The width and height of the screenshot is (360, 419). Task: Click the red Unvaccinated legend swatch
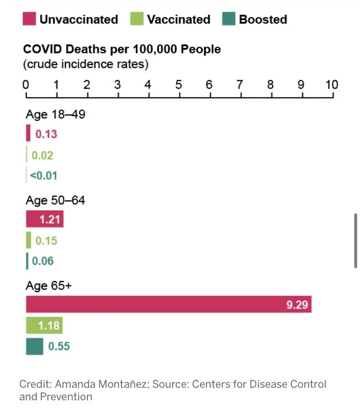[x=29, y=19]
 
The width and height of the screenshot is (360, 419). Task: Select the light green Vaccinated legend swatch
[x=137, y=19]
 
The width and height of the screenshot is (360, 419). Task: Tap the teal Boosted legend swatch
[x=228, y=19]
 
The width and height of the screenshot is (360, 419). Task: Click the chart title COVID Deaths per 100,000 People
[x=122, y=49]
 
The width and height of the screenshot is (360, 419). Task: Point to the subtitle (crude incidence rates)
[x=86, y=63]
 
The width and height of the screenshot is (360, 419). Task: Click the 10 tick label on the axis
[x=332, y=85]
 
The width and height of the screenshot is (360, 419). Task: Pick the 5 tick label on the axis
[x=179, y=85]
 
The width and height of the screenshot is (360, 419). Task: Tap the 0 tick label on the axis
[x=26, y=85]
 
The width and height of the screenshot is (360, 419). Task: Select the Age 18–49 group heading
[x=55, y=114]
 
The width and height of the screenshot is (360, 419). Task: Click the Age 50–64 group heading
[x=55, y=200]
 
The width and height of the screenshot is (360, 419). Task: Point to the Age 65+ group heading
[x=48, y=285]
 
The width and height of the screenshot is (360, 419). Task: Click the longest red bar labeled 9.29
[x=168, y=304]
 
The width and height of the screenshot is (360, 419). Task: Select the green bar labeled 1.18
[x=44, y=325]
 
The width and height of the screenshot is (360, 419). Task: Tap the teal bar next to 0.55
[x=34, y=346]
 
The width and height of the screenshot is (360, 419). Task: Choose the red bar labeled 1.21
[x=44, y=220]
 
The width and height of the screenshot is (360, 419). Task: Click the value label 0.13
[x=46, y=134]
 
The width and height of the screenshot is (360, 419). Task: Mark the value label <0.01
[x=44, y=175]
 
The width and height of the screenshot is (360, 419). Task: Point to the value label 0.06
[x=43, y=261]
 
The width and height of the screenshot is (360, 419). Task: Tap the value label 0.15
[x=46, y=241]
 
